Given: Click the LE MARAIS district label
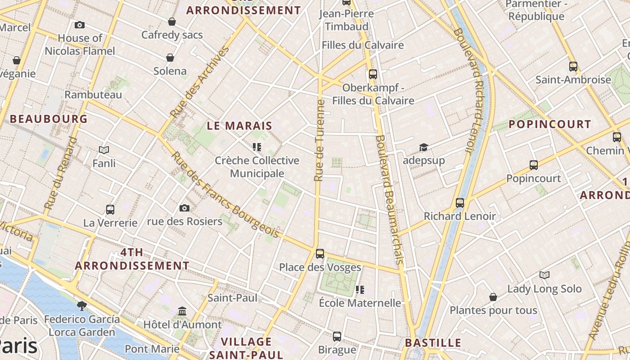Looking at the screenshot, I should [239, 126].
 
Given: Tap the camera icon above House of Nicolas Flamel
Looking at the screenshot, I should [80, 25].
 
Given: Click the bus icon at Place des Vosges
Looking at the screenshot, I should [320, 253].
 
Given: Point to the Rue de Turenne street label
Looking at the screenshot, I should [319, 140].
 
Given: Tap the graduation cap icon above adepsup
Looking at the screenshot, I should [423, 147].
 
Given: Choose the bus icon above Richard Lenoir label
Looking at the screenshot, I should [459, 203].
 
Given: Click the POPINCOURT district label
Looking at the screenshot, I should [550, 125].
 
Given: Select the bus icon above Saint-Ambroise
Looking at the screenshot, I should [573, 67].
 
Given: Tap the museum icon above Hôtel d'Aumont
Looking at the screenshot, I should [182, 311].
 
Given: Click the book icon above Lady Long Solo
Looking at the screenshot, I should [544, 275].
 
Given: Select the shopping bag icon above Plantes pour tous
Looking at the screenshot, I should [493, 297].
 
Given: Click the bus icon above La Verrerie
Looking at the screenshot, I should [110, 209].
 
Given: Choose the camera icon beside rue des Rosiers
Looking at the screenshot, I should [184, 208].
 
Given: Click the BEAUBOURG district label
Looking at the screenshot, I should [49, 119].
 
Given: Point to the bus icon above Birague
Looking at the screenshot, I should [337, 336].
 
